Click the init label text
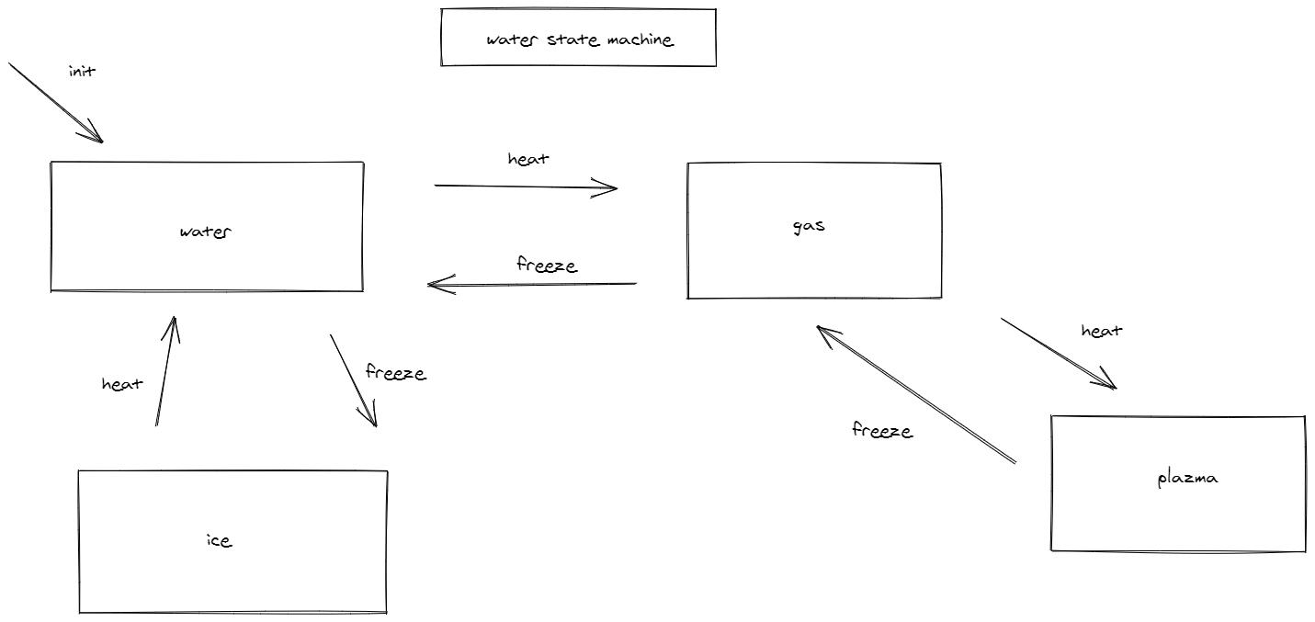coord(82,71)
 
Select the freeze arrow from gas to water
coord(533,284)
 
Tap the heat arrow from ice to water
coord(164,372)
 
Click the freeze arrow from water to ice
coord(353,380)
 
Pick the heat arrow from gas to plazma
coord(1057,353)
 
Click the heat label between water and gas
coord(527,159)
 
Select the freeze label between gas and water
coord(547,266)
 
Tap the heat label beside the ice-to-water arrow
coord(121,384)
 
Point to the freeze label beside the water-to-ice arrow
coord(395,372)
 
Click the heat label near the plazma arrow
coord(1101,331)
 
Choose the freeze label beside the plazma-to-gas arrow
coord(881,430)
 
